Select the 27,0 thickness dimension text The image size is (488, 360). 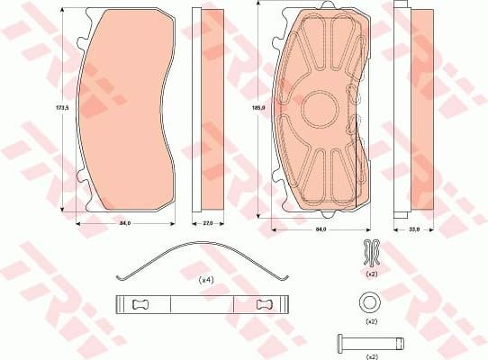208,223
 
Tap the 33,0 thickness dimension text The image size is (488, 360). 414,230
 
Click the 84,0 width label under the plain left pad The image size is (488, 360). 125,223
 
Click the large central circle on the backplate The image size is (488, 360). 323,112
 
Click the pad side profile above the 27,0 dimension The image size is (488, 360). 208,108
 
